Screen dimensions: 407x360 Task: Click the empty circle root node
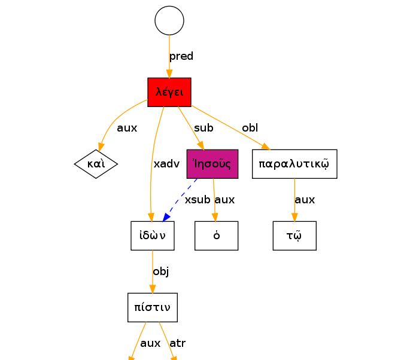click(169, 20)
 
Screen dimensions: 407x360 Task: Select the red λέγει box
click(169, 92)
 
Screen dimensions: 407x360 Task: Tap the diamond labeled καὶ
click(96, 164)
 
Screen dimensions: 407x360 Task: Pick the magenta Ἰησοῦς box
click(212, 164)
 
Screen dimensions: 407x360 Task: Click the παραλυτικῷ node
click(294, 164)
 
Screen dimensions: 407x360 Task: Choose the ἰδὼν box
click(153, 236)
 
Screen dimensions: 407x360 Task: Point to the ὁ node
click(217, 236)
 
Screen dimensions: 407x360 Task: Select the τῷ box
click(294, 236)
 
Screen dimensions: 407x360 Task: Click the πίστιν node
click(153, 307)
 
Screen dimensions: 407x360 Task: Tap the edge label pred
click(181, 56)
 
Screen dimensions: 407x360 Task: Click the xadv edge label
click(166, 164)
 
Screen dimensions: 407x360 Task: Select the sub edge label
click(203, 128)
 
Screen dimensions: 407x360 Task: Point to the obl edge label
click(250, 128)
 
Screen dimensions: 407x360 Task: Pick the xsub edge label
click(198, 200)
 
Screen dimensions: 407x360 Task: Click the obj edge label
click(161, 272)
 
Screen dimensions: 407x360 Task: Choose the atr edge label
click(178, 343)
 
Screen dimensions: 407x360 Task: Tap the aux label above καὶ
click(127, 128)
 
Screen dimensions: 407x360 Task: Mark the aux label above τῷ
click(305, 200)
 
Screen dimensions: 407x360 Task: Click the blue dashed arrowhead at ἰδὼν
click(166, 217)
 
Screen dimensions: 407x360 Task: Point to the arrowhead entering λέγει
click(169, 74)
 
